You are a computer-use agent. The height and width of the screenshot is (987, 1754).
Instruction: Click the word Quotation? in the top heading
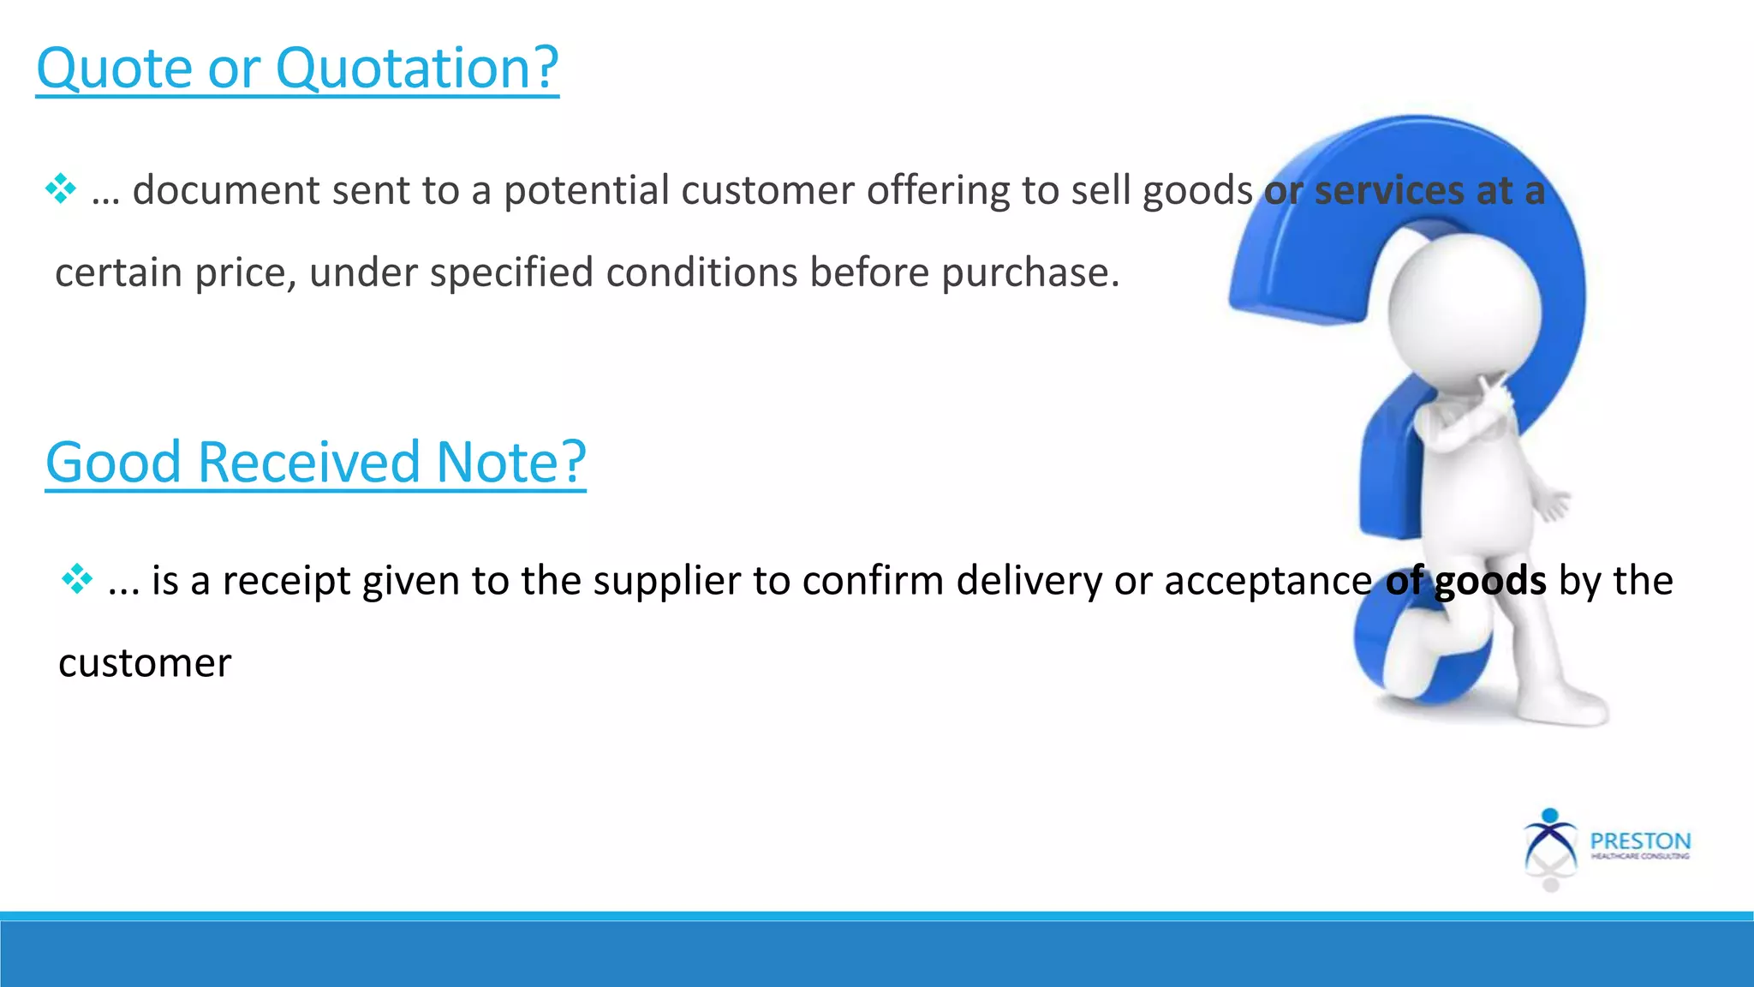tap(417, 69)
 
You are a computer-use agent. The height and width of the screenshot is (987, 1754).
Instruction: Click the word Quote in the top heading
tap(115, 69)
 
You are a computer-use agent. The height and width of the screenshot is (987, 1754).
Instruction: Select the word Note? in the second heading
tap(511, 463)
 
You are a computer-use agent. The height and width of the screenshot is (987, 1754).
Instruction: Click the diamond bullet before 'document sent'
tap(61, 188)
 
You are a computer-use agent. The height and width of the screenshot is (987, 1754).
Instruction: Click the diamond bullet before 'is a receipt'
tap(77, 580)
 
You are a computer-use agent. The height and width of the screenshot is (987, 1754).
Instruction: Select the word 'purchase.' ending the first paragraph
tap(1031, 273)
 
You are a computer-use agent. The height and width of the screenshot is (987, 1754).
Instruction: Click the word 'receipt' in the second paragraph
tap(286, 581)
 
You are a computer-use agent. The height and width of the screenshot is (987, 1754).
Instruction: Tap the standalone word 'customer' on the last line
tap(145, 663)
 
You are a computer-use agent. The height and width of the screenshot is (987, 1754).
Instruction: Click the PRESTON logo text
tap(1640, 841)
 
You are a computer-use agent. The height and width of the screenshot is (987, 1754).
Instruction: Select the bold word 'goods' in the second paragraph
tap(1490, 581)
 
